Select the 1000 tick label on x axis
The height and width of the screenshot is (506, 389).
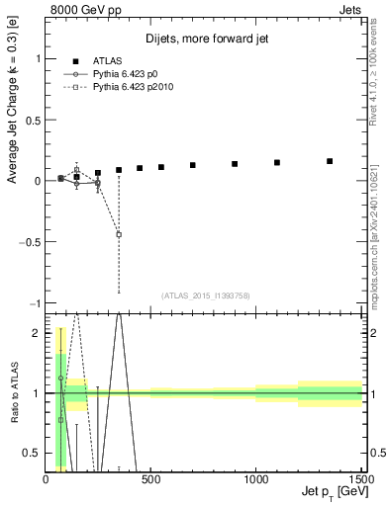click(255, 479)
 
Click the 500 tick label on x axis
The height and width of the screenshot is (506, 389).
click(150, 479)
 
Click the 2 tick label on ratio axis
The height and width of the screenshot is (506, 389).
click(36, 333)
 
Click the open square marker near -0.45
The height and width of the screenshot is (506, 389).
click(119, 234)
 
